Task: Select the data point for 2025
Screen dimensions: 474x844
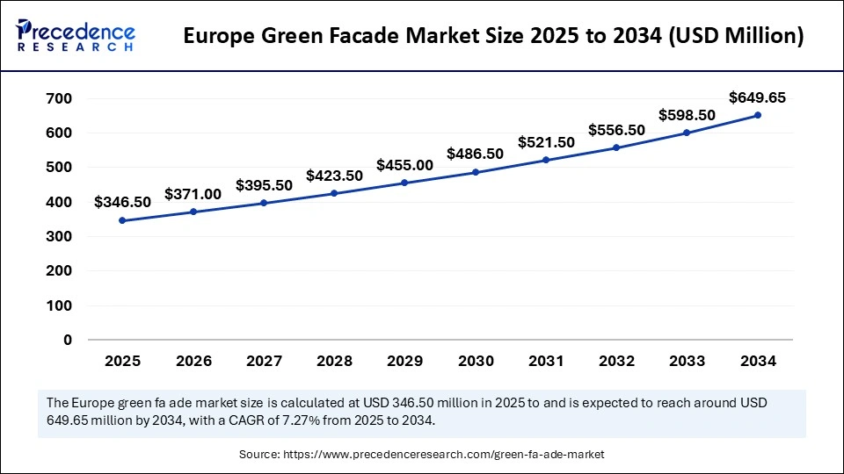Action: coord(122,220)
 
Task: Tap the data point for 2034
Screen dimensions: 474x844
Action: coord(757,115)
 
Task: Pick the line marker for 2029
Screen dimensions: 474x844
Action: coord(404,183)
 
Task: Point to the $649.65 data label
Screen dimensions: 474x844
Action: coord(757,97)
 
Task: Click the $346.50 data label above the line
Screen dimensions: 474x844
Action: coord(122,202)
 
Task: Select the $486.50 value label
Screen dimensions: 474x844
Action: coord(475,154)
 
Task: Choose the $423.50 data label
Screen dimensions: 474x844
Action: coord(334,176)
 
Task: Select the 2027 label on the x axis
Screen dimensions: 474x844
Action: coord(264,361)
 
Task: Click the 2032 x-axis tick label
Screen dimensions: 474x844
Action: coord(616,361)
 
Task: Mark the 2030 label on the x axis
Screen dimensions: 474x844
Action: coord(475,361)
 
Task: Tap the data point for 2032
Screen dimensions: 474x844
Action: coord(616,147)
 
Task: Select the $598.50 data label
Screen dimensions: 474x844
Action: coord(687,115)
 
